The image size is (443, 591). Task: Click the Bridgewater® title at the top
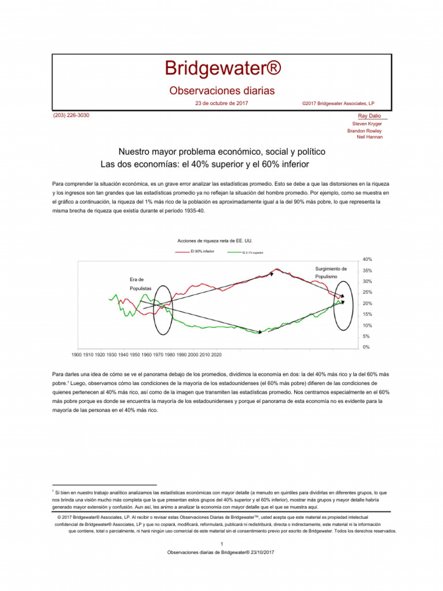pos(221,68)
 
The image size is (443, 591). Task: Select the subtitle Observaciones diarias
pos(221,91)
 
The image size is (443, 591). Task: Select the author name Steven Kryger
pos(367,124)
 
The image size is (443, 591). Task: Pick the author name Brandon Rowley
pos(365,130)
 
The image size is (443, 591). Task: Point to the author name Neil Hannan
pos(370,137)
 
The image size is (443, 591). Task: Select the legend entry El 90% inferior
pos(202,252)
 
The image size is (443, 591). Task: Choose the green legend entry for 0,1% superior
pos(249,252)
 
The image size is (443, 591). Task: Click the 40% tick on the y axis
pos(367,259)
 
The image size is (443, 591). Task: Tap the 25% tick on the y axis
pos(367,292)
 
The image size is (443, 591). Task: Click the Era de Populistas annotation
pos(141,283)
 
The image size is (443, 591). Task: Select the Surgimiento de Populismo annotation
pos(331,273)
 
